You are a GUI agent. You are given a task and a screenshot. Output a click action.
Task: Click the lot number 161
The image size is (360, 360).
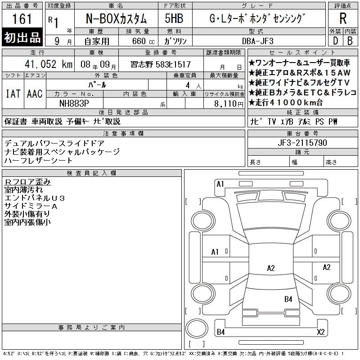22,19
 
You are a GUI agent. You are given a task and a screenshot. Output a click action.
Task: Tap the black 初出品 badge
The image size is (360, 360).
22,37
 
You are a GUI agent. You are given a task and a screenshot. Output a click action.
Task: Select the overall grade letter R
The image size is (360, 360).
343,18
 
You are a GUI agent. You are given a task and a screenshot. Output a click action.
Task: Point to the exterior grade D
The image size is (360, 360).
335,41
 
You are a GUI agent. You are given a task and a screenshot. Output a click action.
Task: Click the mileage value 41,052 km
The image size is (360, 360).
49,64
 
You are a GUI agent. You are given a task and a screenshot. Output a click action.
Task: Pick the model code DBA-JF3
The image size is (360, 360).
258,41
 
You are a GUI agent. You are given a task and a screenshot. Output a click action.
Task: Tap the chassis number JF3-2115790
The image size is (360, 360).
302,143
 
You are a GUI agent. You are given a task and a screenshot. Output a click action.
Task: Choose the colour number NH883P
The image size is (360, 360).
74,103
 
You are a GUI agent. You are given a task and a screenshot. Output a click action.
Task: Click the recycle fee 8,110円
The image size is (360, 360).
229,104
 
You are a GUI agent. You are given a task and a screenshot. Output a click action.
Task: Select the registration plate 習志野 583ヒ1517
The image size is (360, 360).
161,64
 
